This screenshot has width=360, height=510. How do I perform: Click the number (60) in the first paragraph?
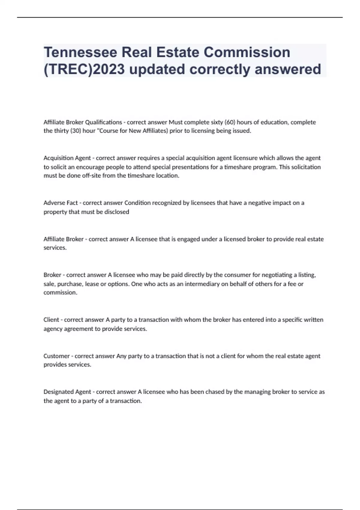230,122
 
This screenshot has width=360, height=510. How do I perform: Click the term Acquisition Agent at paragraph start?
67,158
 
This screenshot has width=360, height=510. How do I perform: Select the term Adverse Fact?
61,203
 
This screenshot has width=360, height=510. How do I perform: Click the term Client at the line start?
51,320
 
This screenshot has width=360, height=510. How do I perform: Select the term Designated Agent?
67,392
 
